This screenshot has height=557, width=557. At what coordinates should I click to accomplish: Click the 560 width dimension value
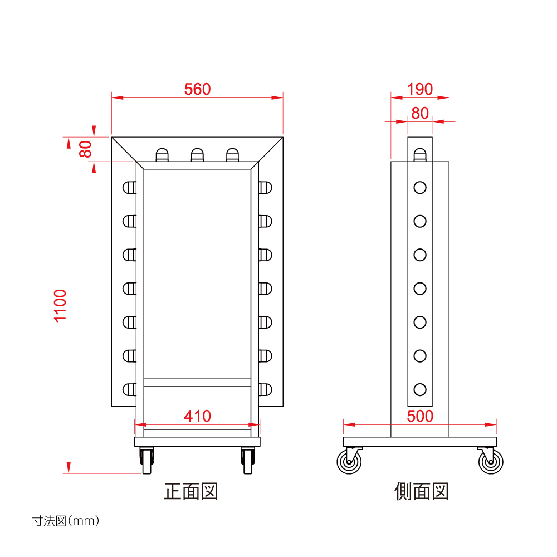click(x=198, y=89)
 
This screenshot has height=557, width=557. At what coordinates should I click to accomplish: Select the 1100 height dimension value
click(x=60, y=306)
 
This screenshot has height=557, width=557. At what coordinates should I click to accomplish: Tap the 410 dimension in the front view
click(x=198, y=416)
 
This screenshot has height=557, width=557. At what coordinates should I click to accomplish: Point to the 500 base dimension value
click(x=420, y=416)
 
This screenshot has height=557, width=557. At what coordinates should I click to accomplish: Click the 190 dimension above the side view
click(x=420, y=89)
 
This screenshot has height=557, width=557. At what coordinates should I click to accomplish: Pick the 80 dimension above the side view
click(x=420, y=113)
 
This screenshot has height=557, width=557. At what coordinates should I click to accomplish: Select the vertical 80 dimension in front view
click(x=86, y=149)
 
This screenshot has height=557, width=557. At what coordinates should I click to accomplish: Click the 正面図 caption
click(x=190, y=491)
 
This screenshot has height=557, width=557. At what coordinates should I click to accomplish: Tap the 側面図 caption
click(x=421, y=491)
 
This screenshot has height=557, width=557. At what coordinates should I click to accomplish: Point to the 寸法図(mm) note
click(x=66, y=521)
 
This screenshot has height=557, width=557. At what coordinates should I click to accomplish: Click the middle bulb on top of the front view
click(x=198, y=155)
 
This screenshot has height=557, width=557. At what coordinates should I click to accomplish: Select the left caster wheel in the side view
click(x=349, y=461)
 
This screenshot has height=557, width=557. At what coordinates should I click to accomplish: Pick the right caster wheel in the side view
click(x=491, y=461)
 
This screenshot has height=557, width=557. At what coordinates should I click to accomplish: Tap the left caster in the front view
click(x=146, y=461)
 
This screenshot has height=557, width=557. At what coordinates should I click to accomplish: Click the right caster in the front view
click(x=248, y=461)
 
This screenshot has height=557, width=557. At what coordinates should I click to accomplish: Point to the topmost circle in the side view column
click(x=420, y=188)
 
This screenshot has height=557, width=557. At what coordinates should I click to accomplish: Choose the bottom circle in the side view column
click(x=420, y=389)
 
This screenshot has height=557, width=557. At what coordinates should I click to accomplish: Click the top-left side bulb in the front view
click(x=129, y=188)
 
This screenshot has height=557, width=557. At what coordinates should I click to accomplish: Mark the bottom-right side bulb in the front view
click(x=265, y=389)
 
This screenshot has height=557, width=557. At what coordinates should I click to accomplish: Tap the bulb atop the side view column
click(x=420, y=155)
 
